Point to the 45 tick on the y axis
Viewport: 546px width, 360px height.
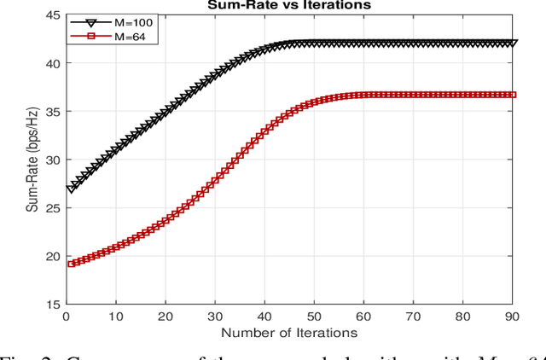(x=52, y=15)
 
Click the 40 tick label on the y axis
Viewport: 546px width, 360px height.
(x=52, y=63)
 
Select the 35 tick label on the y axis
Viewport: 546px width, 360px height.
(x=52, y=112)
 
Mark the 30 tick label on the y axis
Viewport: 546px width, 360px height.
(x=52, y=160)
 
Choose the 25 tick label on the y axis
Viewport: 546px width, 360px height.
(x=52, y=207)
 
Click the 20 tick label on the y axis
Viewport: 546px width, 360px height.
(x=52, y=256)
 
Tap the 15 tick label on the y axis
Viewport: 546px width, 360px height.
(x=52, y=304)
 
